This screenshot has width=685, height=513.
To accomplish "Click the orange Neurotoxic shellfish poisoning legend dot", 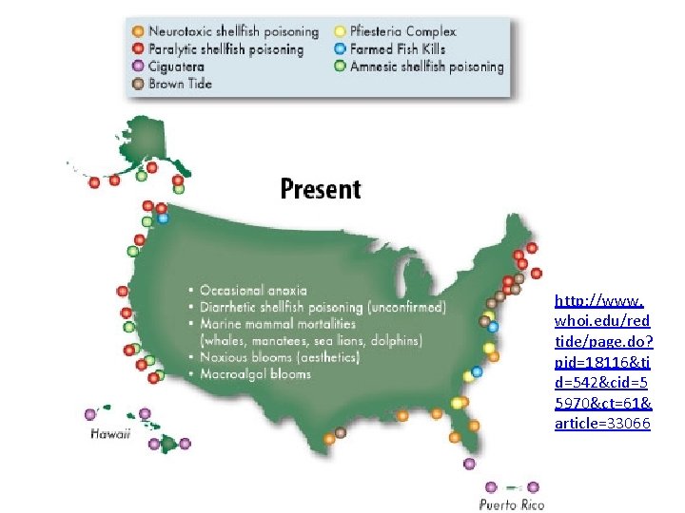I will click(x=139, y=32).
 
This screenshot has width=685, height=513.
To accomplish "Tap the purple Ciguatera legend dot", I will click(x=139, y=66).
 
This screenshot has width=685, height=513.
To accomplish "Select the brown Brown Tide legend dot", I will click(x=139, y=84).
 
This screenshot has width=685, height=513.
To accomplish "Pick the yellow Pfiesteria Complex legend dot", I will click(x=340, y=32).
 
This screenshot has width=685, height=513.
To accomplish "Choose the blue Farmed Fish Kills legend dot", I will click(x=340, y=49).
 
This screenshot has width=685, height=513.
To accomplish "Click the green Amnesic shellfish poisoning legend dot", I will click(x=340, y=66).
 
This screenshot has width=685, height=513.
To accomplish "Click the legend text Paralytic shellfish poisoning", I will click(x=225, y=49).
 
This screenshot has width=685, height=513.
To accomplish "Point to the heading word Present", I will click(x=321, y=189).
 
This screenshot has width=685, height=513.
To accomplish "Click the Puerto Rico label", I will click(x=512, y=503).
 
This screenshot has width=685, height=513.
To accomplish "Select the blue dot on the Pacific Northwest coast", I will click(x=164, y=218).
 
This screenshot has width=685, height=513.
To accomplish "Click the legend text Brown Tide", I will click(x=181, y=84).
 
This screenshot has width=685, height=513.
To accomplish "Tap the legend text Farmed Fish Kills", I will click(x=398, y=49).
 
